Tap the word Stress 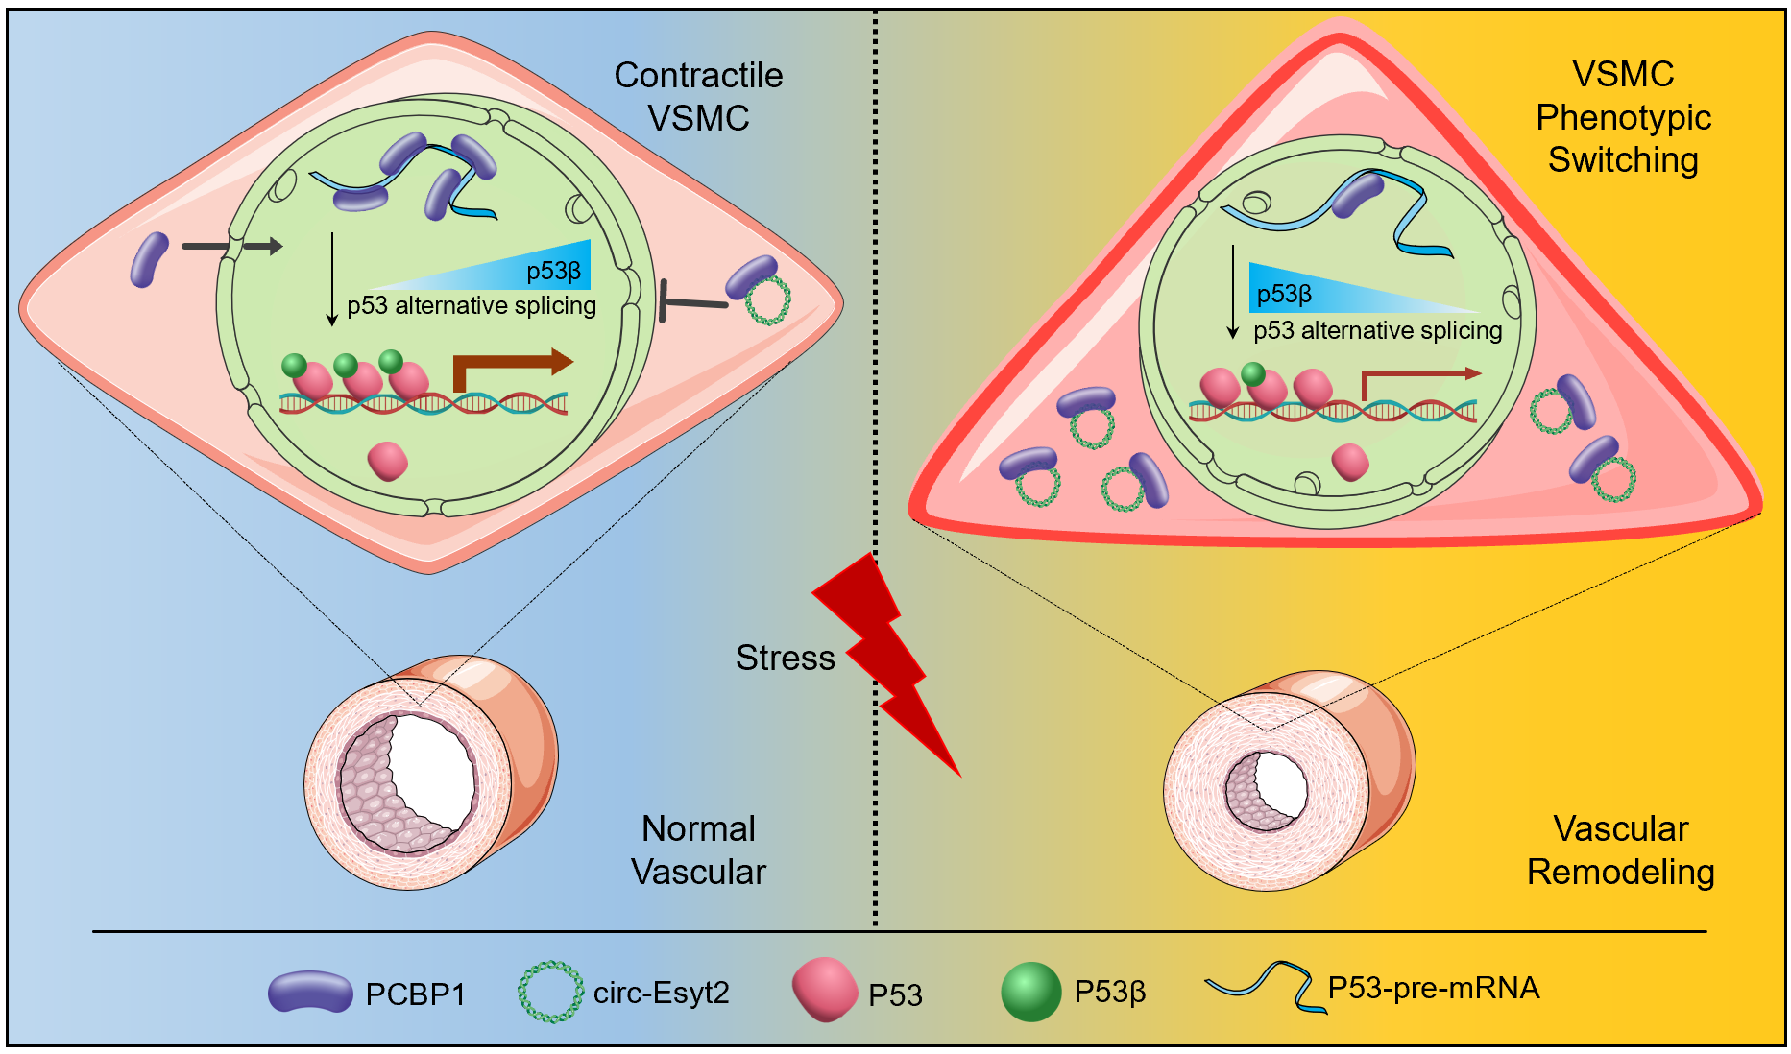tap(785, 659)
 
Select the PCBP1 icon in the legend tap(310, 992)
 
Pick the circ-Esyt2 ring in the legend tap(550, 992)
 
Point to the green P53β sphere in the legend tap(1030, 992)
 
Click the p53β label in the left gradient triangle tap(553, 271)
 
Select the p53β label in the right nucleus tap(1284, 294)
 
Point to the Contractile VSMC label tap(698, 96)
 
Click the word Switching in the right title tap(1623, 159)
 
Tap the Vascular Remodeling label tap(1620, 850)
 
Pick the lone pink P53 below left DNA tap(388, 461)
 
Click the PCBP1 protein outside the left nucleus tap(149, 259)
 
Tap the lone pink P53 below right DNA tap(1350, 462)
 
